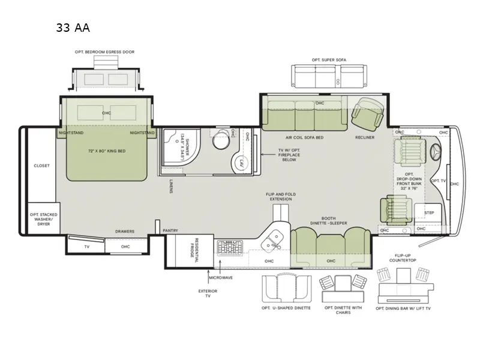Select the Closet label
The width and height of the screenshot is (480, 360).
[x=41, y=166]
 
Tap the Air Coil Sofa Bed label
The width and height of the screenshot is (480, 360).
[x=305, y=137]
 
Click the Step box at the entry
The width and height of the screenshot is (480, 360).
[x=429, y=212]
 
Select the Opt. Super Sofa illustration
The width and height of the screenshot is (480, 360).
[x=329, y=77]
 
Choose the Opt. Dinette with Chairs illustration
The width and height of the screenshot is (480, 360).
[x=343, y=288]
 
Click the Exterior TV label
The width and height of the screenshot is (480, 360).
[x=208, y=293]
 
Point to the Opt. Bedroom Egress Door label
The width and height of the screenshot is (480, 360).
[x=104, y=52]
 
